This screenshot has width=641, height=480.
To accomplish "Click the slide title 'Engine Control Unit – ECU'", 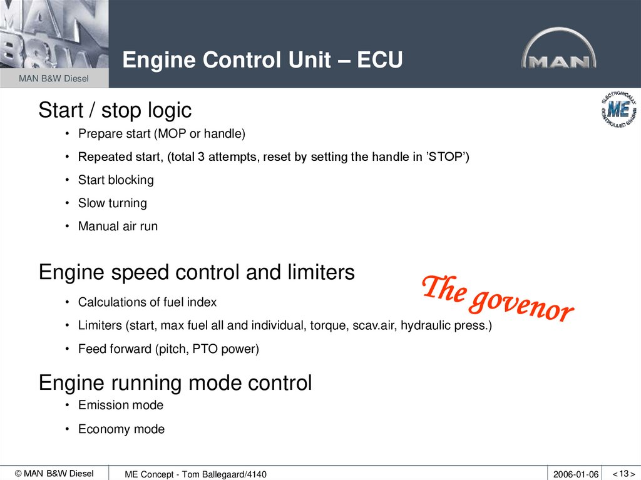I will click(x=262, y=60).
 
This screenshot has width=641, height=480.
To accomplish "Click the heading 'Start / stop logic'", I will click(x=115, y=110).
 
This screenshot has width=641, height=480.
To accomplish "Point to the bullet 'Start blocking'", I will click(x=116, y=180).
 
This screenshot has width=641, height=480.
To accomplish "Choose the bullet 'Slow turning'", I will click(x=112, y=203).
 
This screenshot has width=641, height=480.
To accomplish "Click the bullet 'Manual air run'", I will click(x=118, y=227).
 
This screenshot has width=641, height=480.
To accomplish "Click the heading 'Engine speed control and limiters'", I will click(x=197, y=272).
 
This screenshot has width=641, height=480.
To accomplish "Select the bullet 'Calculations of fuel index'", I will click(x=147, y=302).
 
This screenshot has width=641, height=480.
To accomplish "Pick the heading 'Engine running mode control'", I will click(x=175, y=382).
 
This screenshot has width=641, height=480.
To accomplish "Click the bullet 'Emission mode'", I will click(x=120, y=406).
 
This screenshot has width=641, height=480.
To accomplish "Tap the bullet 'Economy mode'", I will click(x=121, y=429).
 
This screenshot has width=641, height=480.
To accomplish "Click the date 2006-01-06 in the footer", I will click(x=576, y=474).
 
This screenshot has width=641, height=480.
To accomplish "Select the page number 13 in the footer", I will click(x=624, y=474).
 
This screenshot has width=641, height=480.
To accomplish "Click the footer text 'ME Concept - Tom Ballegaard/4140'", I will click(x=195, y=474).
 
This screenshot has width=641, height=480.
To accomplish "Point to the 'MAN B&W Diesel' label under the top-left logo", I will click(x=53, y=79).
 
